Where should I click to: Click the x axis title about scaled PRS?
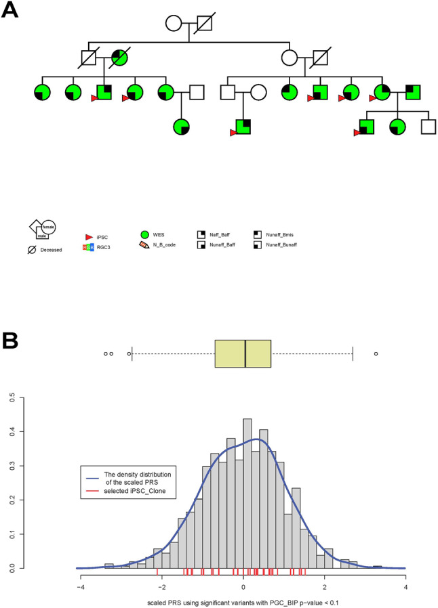click(243, 601)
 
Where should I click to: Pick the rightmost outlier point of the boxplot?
click(376, 353)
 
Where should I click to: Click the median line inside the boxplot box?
click(245, 353)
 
